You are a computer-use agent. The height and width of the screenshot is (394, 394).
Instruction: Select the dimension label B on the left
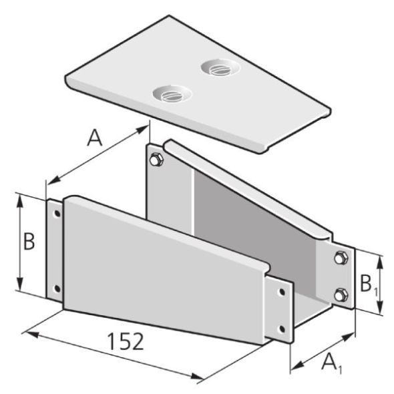click(x=29, y=242)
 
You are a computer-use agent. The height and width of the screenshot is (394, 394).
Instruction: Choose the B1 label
click(x=366, y=285)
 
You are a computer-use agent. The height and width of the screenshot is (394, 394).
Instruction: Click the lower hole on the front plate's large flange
click(x=56, y=288)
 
